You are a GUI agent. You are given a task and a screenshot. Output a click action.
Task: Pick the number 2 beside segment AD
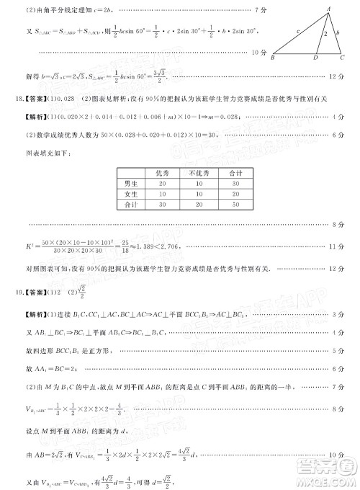325,34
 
